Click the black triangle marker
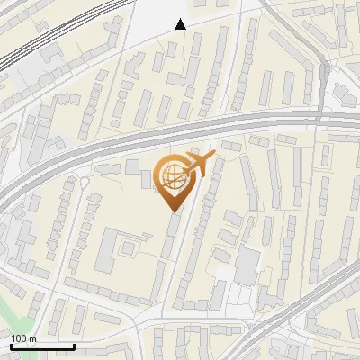[x=180, y=24]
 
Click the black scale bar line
[x=42, y=346]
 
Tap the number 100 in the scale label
[x=19, y=338]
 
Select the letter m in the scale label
[x=32, y=338]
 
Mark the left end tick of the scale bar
[x=11, y=345]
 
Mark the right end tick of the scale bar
[x=74, y=345]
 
